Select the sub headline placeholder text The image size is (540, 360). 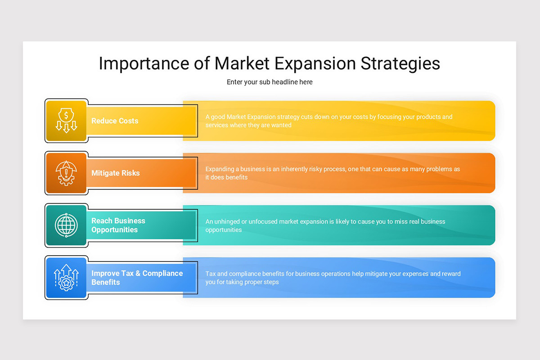point(270,82)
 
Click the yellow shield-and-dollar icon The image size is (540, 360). point(66,121)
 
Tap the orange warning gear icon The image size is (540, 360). point(66,173)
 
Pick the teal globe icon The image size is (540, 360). point(66,225)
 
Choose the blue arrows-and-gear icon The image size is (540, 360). point(66,278)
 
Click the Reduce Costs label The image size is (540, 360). point(115,121)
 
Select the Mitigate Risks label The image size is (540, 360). point(116,173)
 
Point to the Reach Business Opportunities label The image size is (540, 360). point(118,225)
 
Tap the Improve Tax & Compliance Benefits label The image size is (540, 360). point(137,278)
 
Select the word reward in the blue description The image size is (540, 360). point(451,274)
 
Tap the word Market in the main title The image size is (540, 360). point(242,63)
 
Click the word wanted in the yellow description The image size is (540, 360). point(282,125)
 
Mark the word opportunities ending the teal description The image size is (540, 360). point(224,230)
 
